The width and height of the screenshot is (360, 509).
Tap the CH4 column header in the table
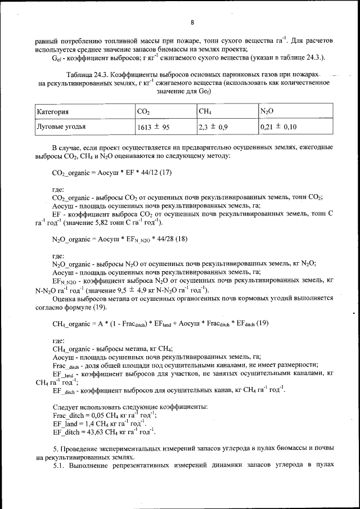click(204, 112)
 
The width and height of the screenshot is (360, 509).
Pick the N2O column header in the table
click(267, 111)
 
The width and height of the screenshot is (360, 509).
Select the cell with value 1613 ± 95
click(154, 128)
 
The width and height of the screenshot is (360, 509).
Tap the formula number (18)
click(179, 240)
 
